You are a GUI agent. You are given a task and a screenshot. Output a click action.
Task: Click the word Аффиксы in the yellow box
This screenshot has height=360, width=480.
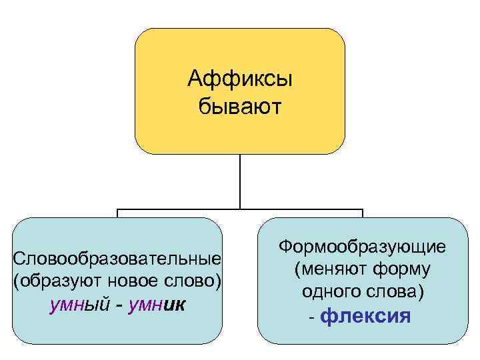[x=240, y=81]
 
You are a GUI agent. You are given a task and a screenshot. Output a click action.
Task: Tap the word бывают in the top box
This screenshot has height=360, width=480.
[x=240, y=105]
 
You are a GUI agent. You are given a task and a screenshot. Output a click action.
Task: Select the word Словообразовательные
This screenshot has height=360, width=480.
[x=117, y=257]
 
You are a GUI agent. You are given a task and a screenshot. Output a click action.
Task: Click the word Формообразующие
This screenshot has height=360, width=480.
[x=363, y=247]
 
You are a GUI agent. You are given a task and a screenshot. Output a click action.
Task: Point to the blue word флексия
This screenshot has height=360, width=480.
[x=365, y=315]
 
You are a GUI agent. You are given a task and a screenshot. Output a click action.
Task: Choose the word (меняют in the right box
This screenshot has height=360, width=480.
[x=327, y=270]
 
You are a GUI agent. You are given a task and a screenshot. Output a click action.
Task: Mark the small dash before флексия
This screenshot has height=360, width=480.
[x=312, y=317]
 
